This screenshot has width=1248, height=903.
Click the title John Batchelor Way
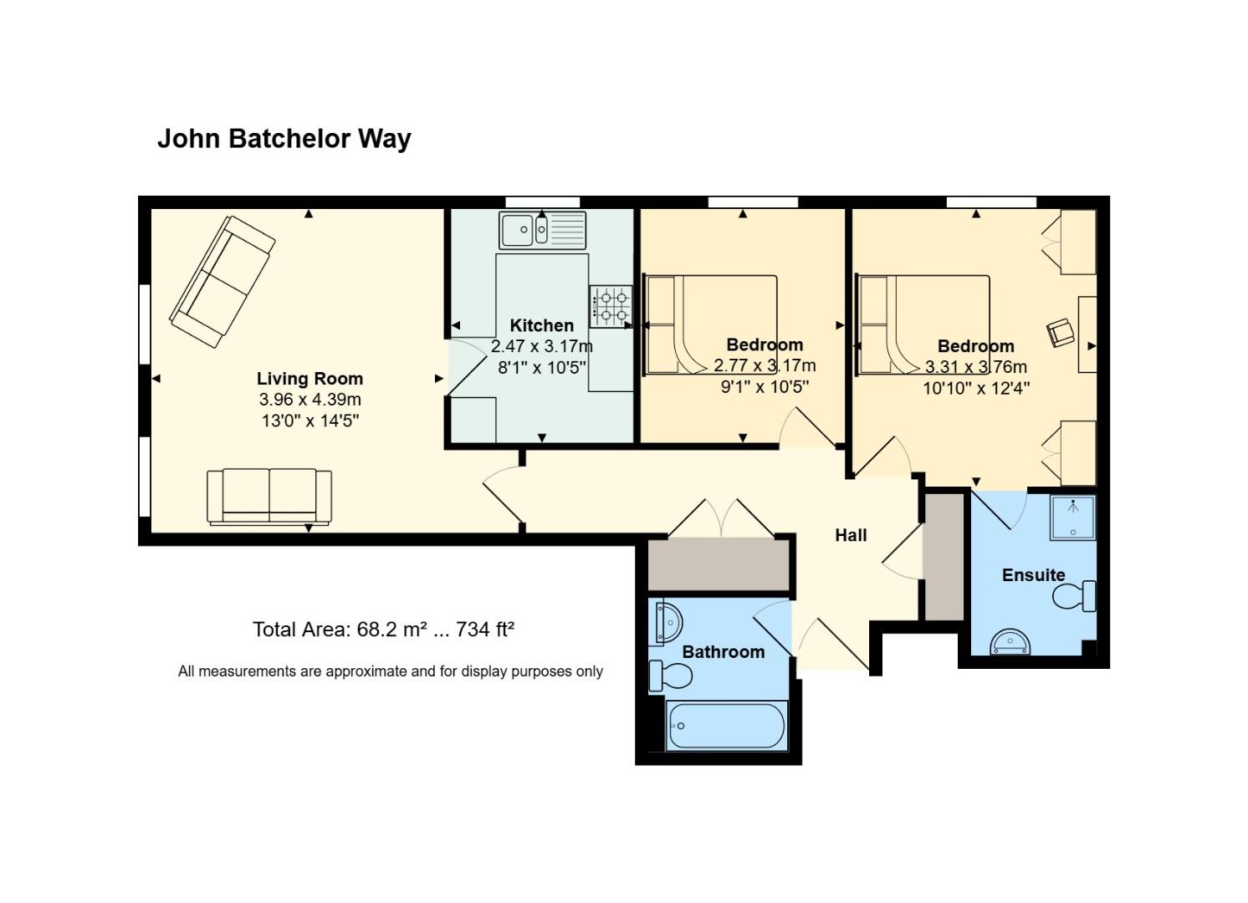click(x=284, y=140)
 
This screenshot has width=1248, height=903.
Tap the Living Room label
click(x=309, y=379)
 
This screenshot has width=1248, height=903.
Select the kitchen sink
click(x=543, y=230)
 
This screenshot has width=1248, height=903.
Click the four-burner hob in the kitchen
click(x=611, y=306)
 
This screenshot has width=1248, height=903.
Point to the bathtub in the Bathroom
click(x=727, y=726)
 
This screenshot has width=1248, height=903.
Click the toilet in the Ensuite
click(x=1074, y=596)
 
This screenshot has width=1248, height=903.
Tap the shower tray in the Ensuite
click(x=1072, y=518)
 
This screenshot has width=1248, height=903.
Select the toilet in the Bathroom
click(x=671, y=676)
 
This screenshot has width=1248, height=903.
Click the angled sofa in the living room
click(x=222, y=282)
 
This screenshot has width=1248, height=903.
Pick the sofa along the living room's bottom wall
click(x=269, y=497)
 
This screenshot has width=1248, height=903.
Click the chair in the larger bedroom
click(x=1061, y=333)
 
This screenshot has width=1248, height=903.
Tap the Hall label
click(x=851, y=536)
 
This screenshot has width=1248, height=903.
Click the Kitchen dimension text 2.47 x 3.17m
click(x=541, y=346)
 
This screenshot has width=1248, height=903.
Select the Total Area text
click(x=383, y=630)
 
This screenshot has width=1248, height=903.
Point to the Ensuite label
click(x=1034, y=575)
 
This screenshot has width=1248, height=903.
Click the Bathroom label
click(x=724, y=652)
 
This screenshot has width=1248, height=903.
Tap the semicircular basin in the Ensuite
click(x=1010, y=642)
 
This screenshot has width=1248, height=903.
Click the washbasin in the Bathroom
click(x=668, y=623)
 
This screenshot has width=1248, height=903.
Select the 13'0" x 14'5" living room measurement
click(x=310, y=421)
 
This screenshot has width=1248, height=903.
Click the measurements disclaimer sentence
click(x=390, y=671)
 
